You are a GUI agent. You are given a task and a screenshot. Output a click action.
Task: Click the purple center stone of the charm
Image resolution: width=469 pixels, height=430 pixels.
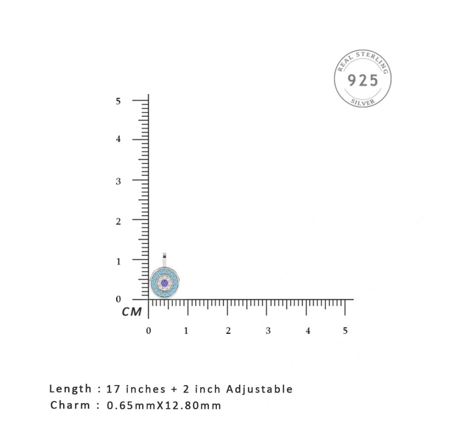(165, 283)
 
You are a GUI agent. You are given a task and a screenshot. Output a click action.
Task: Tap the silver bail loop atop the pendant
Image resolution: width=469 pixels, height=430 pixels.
(165, 260)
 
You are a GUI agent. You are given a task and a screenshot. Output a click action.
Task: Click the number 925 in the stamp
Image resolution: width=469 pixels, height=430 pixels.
(363, 80)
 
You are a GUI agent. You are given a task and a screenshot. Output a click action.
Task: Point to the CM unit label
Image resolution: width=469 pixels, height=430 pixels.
(132, 312)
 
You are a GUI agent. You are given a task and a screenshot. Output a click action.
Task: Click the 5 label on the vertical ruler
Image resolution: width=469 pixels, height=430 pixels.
(118, 101)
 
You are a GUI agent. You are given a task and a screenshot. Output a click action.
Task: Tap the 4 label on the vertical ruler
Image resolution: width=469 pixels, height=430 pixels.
(118, 139)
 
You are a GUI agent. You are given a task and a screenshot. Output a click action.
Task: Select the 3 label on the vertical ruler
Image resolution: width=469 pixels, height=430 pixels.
(118, 181)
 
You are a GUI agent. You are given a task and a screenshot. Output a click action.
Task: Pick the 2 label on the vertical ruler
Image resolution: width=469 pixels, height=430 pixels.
(118, 221)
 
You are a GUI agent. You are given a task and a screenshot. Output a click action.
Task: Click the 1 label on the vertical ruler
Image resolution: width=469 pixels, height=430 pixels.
(118, 261)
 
